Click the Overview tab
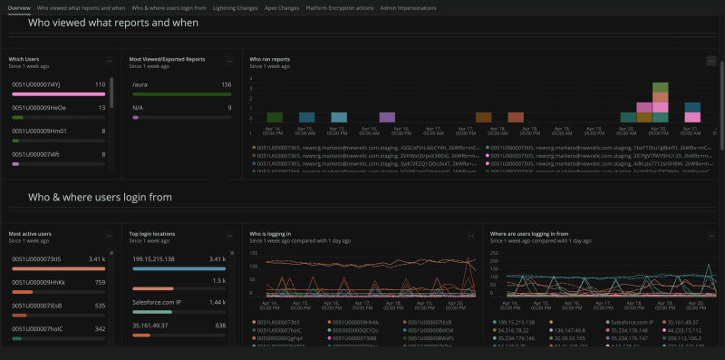click(19, 6)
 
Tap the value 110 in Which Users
click(101, 84)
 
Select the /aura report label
click(140, 84)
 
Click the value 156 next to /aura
click(226, 84)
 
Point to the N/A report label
click(138, 107)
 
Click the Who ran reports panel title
click(270, 59)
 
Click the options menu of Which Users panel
click(110, 61)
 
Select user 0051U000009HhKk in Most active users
click(38, 282)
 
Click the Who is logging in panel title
click(270, 233)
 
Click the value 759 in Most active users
click(101, 282)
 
